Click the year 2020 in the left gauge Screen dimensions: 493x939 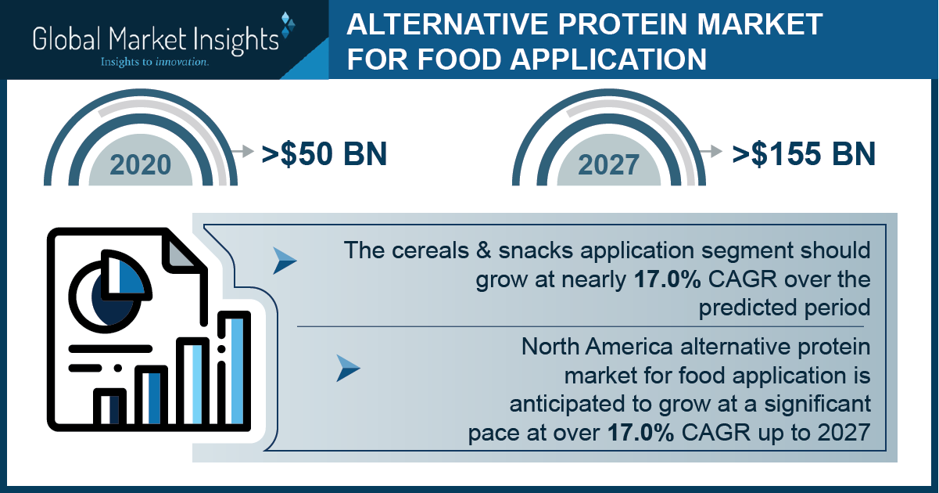(x=140, y=165)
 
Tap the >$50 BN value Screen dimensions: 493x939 (x=324, y=153)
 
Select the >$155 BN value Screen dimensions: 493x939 (x=803, y=153)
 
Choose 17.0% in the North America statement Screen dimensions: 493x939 (x=640, y=433)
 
